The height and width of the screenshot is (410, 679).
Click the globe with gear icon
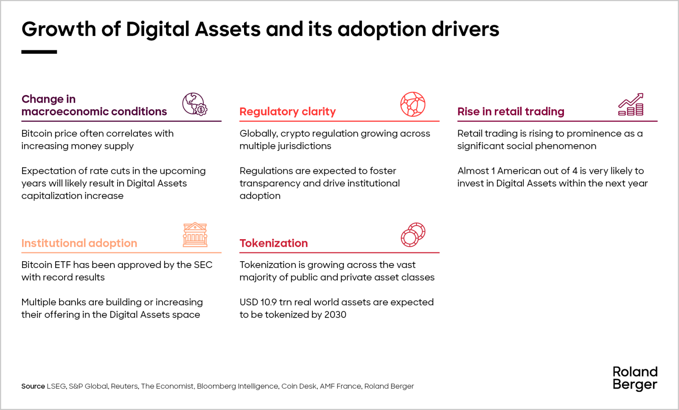[195, 104]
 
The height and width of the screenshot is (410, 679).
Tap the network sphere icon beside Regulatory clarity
[412, 104]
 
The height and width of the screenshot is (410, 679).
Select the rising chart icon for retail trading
[631, 104]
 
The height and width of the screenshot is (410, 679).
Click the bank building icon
[195, 234]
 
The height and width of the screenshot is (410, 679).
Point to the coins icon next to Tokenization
[413, 234]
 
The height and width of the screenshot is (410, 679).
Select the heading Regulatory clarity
[287, 112]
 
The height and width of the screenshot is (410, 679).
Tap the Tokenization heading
[273, 243]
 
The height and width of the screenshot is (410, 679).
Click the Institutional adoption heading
[79, 243]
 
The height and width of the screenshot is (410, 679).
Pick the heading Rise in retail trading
[511, 112]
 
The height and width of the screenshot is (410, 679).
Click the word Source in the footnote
[33, 386]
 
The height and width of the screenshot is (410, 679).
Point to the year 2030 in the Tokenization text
[335, 315]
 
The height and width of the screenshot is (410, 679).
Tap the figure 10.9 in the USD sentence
[268, 302]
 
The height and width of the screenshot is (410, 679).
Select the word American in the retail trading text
[518, 171]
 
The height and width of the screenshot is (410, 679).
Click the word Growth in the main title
[59, 29]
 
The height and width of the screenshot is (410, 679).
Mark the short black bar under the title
[39, 52]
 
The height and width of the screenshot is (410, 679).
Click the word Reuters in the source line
[124, 386]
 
